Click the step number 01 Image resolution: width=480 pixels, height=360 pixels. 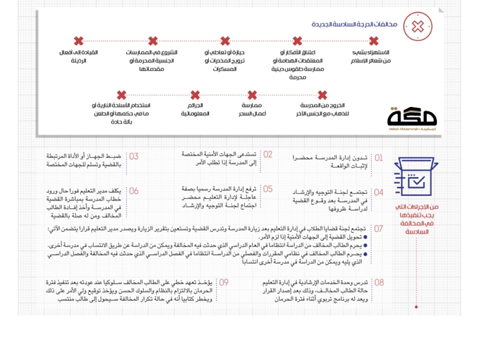pyautogui.click(x=379, y=157)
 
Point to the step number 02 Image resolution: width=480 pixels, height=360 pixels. pyautogui.click(x=268, y=155)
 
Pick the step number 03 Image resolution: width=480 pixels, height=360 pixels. pyautogui.click(x=134, y=156)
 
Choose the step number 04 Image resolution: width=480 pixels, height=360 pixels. pyautogui.click(x=379, y=192)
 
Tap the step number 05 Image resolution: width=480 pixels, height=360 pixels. pyautogui.click(x=268, y=189)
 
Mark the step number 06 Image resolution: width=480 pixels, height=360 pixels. pyautogui.click(x=134, y=191)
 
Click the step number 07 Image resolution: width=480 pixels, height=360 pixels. pyautogui.click(x=379, y=229)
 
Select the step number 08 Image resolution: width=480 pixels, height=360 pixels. pyautogui.click(x=379, y=283)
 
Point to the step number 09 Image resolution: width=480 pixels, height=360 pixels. pyautogui.click(x=224, y=283)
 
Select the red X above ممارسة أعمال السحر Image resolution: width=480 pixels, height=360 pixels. pyautogui.click(x=252, y=95)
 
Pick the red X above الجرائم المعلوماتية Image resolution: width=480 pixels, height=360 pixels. pyautogui.click(x=195, y=95)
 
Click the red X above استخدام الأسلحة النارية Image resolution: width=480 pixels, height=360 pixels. pyautogui.click(x=121, y=95)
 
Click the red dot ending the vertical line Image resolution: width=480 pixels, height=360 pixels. pyautogui.click(x=417, y=306)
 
